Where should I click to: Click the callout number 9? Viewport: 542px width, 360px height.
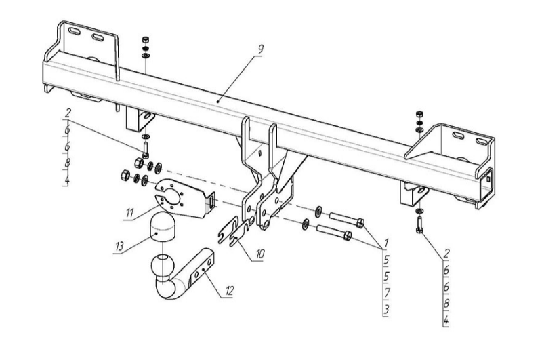260,49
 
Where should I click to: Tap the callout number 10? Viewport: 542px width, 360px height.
260,254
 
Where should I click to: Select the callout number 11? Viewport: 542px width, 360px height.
129,213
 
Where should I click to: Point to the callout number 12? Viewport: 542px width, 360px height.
229,291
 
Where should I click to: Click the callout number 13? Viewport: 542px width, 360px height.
119,247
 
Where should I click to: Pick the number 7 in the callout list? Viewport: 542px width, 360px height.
387,293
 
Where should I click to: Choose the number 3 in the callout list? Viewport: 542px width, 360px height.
386,309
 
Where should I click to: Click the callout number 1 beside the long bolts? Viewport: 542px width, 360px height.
386,242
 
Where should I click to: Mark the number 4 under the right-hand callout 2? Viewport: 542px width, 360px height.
446,321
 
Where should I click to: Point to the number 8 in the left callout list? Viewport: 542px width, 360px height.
67,163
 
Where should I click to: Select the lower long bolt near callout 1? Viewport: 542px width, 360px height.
334,231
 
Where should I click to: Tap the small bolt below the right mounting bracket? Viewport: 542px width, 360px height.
419,226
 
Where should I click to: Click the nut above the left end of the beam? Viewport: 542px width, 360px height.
146,39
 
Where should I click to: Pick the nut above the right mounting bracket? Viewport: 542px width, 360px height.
419,114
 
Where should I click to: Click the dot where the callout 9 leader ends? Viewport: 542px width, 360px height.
217,102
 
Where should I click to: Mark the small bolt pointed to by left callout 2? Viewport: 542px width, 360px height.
146,150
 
